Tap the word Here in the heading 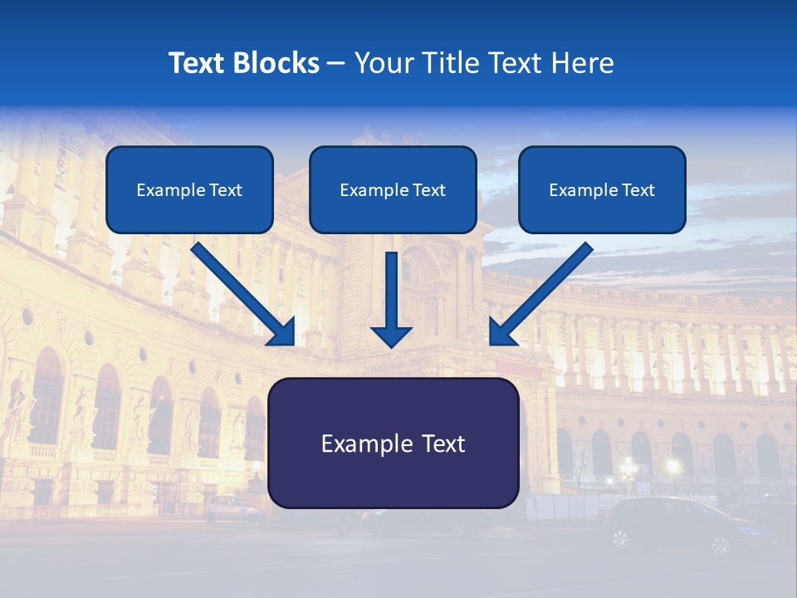[x=584, y=63]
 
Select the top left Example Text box [x=189, y=190]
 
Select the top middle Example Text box [x=393, y=190]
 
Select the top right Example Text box [x=602, y=190]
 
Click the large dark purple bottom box [x=393, y=444]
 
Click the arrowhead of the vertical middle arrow [x=391, y=335]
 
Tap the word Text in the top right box [x=638, y=190]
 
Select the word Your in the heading [x=381, y=63]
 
